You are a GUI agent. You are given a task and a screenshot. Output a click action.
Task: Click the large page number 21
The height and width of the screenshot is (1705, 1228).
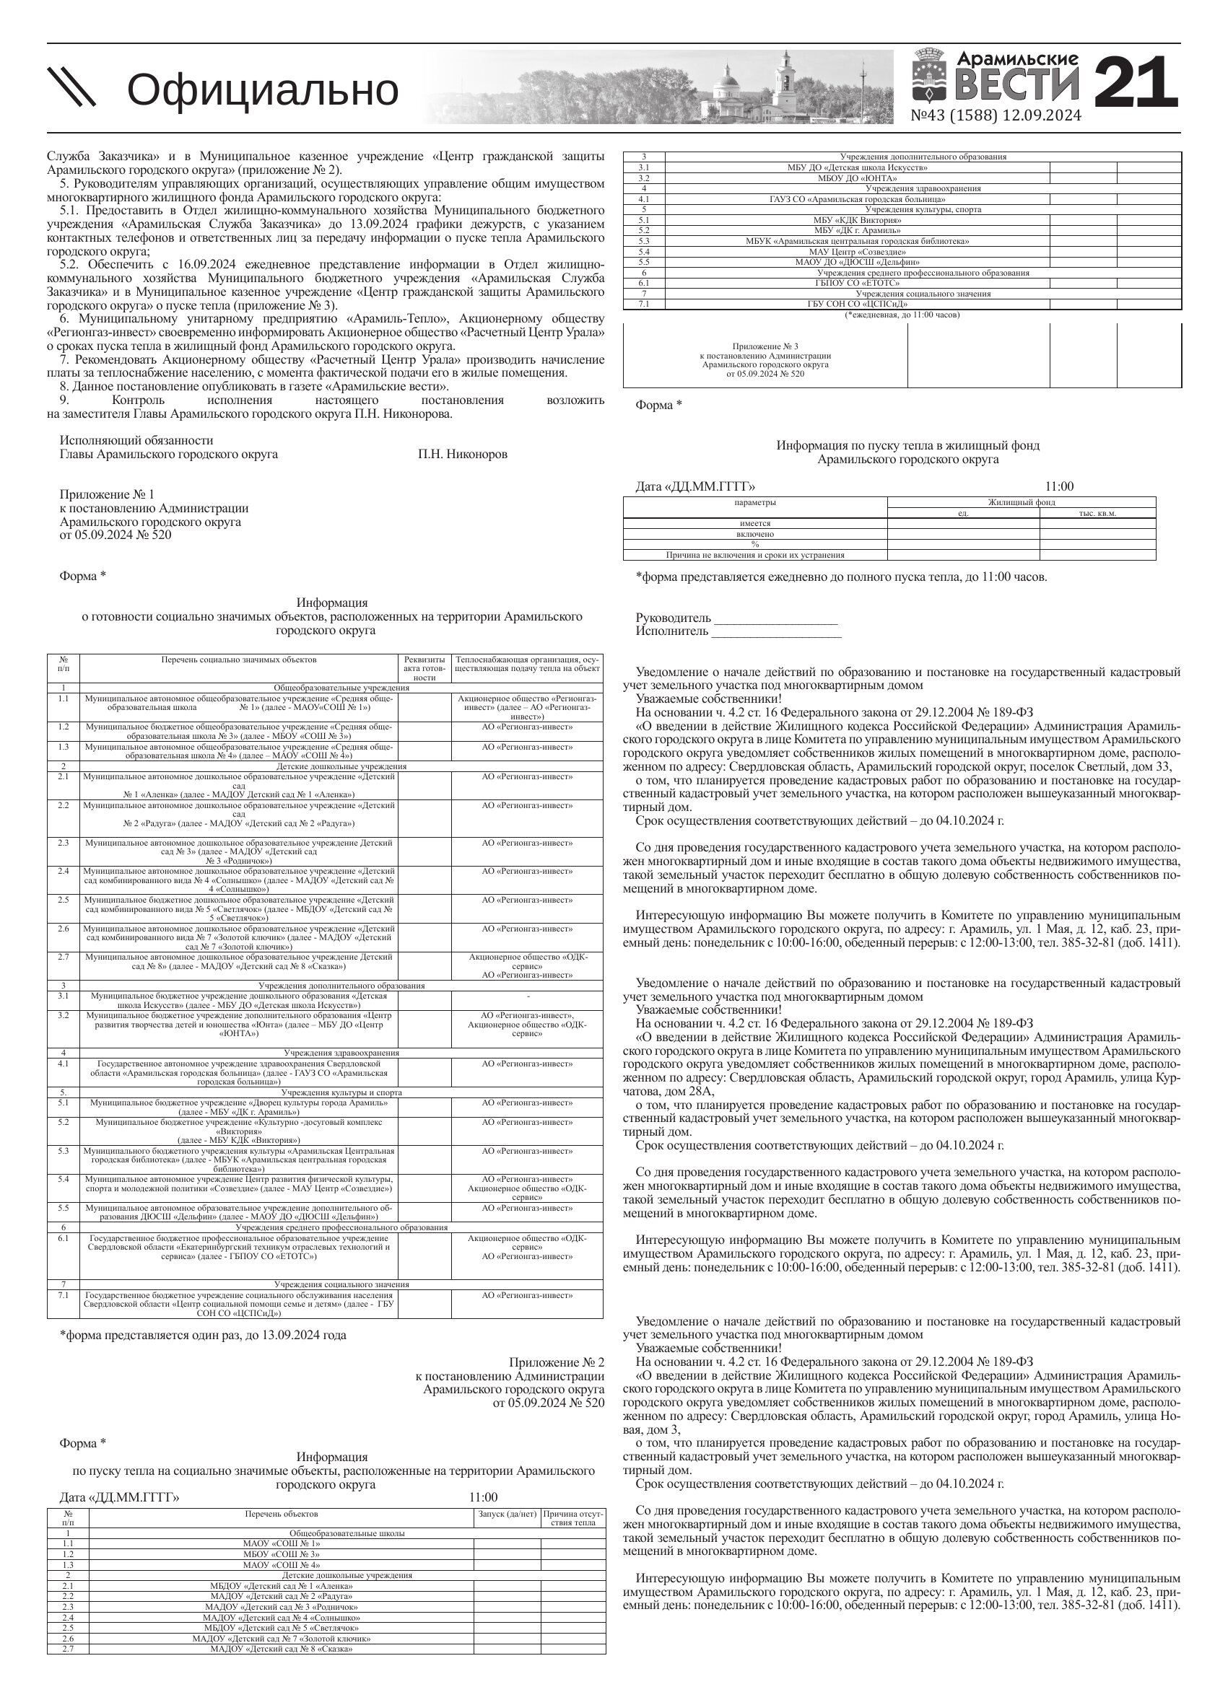(x=1134, y=84)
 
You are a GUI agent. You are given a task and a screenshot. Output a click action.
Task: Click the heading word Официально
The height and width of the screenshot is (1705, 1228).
(x=263, y=89)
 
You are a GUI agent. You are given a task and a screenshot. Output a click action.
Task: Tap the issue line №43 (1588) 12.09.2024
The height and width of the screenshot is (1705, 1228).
(x=996, y=115)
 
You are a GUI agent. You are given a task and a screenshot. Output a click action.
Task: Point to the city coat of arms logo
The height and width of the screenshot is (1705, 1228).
(x=931, y=75)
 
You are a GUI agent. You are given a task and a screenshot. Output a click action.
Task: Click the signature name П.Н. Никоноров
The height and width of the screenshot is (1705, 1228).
(x=463, y=454)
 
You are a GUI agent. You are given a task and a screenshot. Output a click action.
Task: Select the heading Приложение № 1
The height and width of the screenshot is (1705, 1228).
(x=107, y=494)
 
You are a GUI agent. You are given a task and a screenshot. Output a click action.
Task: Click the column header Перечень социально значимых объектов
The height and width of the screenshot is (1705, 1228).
(x=239, y=659)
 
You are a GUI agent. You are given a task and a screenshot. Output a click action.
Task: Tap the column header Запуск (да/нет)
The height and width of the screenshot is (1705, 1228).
(x=507, y=1513)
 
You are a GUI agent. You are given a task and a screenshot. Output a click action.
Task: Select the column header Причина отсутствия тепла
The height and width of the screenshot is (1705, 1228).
(x=573, y=1518)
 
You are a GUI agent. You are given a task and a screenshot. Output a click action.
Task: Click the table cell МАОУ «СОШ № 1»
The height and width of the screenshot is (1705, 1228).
(x=282, y=1543)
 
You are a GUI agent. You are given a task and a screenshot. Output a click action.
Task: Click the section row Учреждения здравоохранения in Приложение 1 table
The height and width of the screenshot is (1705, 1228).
(x=341, y=1053)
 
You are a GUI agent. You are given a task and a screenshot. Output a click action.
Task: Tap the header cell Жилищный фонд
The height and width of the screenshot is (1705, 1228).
(x=1021, y=502)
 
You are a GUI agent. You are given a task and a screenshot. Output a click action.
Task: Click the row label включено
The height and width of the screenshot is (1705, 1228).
(x=755, y=534)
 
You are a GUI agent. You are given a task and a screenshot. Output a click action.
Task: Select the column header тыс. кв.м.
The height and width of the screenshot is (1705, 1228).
(x=1097, y=514)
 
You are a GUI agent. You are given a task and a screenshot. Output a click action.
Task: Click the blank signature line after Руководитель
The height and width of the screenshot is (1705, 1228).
(x=775, y=618)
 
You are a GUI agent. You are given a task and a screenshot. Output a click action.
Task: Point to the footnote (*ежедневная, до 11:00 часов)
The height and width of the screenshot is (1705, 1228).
(x=902, y=315)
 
